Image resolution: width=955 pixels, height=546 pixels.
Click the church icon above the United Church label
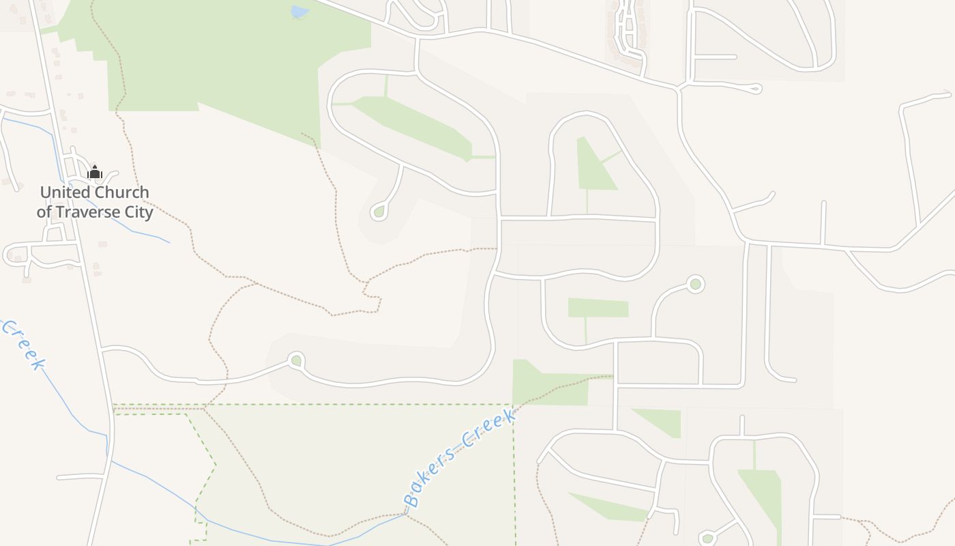[95, 172]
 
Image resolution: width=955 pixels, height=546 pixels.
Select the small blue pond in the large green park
[299, 12]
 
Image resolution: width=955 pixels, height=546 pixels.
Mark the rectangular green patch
[598, 308]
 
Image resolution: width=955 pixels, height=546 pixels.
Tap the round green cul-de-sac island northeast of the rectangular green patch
[695, 284]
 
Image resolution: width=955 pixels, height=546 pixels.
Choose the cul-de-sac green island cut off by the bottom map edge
[707, 539]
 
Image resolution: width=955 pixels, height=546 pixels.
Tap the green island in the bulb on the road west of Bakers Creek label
[295, 360]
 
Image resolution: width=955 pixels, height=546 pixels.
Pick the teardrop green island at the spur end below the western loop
[379, 212]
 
